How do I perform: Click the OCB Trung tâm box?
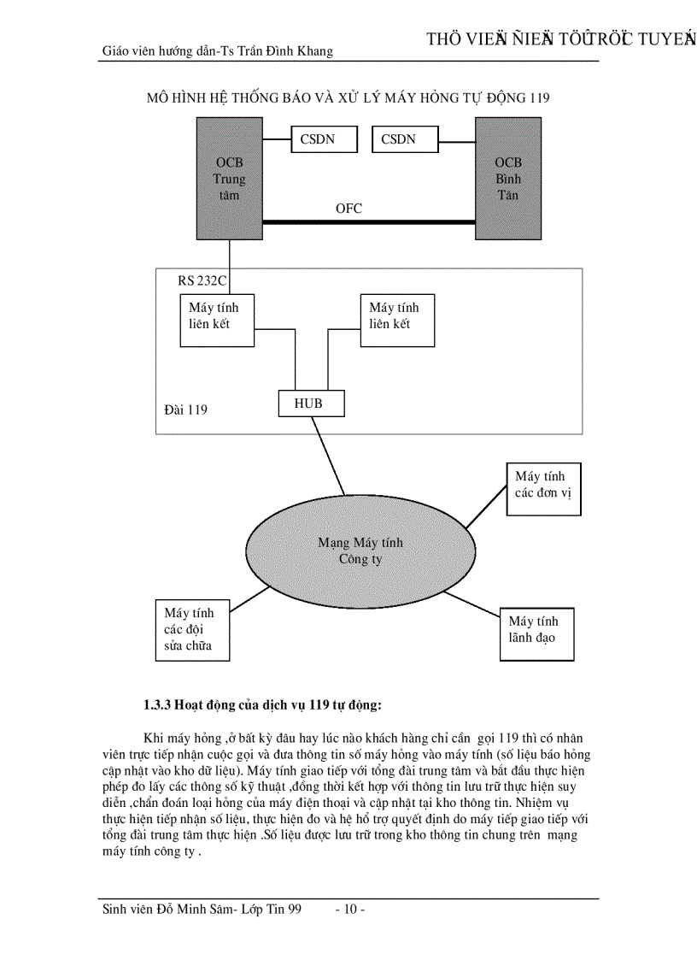229,179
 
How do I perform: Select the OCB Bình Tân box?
507,179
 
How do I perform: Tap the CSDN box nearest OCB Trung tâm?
325,139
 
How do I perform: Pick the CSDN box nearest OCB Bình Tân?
405,139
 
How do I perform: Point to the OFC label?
348,208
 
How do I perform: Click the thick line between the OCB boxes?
367,222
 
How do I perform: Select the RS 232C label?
202,280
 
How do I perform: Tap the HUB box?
312,403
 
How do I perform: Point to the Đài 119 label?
185,409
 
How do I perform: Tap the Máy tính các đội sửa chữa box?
196,629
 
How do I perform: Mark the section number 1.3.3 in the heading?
158,705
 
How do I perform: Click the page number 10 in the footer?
350,910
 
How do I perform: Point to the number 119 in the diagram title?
538,97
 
